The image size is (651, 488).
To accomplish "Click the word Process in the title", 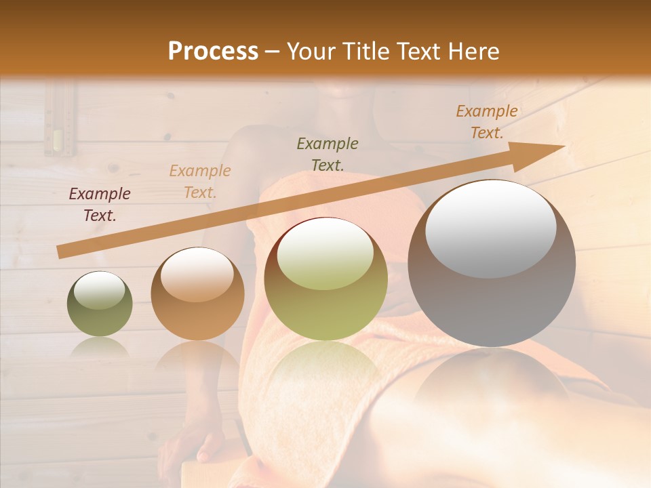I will click(x=213, y=51).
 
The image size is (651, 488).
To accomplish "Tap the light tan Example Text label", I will click(x=200, y=182).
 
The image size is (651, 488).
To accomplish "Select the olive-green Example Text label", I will click(x=328, y=154).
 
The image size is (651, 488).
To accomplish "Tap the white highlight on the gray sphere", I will click(x=490, y=228).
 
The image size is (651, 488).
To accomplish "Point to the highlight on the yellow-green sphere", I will click(x=325, y=254).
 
